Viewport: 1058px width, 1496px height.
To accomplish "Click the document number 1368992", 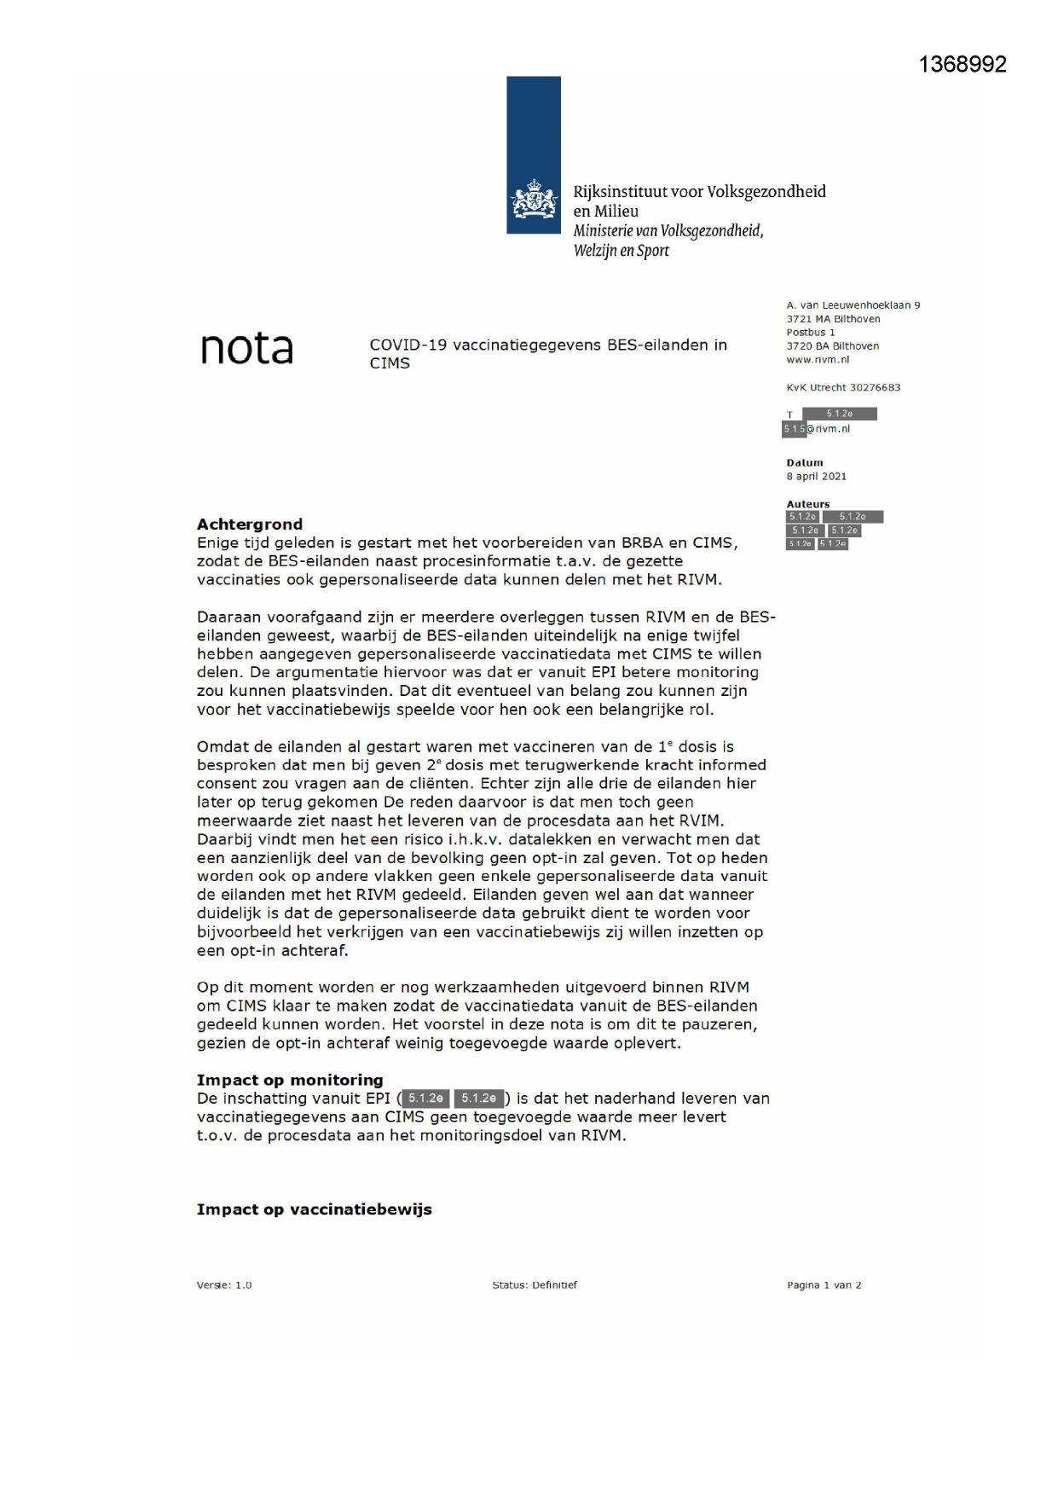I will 963,65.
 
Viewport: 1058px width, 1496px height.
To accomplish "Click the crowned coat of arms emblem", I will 534,200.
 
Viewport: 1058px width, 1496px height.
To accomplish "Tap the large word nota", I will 246,348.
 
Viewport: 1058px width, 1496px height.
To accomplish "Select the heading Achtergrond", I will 250,524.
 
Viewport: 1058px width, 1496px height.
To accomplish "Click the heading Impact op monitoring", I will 290,1080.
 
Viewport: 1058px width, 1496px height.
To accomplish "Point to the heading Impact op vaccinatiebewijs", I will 314,1209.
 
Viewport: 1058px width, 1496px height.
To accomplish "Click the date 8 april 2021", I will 816,477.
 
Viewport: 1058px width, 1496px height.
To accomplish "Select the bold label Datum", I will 805,463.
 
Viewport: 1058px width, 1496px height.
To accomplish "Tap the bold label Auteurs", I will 807,504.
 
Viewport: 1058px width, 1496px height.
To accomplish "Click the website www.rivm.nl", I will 818,360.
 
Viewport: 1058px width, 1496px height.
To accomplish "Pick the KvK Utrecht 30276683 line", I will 843,387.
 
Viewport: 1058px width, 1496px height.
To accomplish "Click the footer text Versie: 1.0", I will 224,1285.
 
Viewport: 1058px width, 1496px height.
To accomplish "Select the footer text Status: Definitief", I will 535,1285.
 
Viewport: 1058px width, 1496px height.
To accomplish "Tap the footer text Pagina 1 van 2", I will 824,1285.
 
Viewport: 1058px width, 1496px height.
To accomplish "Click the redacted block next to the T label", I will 839,414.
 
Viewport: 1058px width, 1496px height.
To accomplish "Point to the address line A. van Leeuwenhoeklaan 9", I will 853,305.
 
